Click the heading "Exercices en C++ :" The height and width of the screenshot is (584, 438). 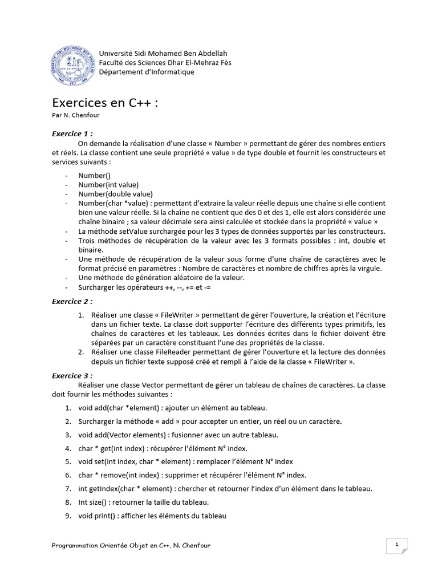[x=105, y=103]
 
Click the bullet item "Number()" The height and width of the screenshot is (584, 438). [x=95, y=176]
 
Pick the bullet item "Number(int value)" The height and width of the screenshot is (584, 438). [x=108, y=185]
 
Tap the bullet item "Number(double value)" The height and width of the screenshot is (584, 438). [x=116, y=194]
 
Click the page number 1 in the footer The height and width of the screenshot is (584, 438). [x=396, y=545]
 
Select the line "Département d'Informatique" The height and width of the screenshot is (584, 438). [x=147, y=72]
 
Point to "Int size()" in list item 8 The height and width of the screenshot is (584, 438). [x=95, y=502]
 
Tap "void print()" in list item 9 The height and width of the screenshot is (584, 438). [x=98, y=516]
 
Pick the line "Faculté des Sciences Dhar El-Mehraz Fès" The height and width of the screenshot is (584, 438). [x=165, y=63]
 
